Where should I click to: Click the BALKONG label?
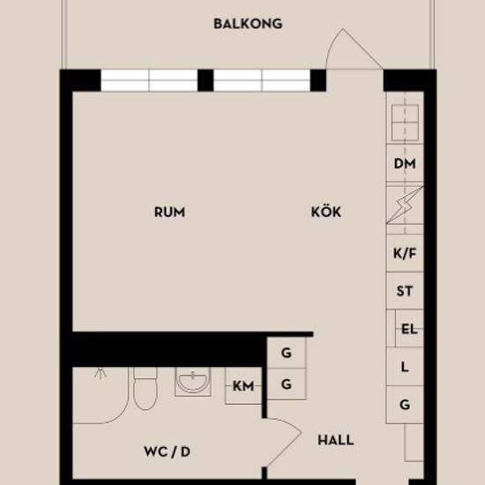pos(248,24)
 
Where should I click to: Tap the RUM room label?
pos(170,213)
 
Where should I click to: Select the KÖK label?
pos(326,212)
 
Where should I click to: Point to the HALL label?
pos(336,440)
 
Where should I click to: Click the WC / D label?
pos(167,451)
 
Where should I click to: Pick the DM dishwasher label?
pos(405,164)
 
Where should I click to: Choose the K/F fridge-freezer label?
pos(405,254)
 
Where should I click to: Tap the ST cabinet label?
pos(405,291)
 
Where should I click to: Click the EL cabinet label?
pos(409,329)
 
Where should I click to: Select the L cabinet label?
pos(405,367)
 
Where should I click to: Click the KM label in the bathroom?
pos(243,386)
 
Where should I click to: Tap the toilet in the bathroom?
pos(145,388)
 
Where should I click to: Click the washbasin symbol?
pos(193,382)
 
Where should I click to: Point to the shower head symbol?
pos(101,373)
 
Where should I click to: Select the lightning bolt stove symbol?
pos(405,205)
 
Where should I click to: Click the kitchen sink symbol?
pos(405,123)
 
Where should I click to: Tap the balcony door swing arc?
pos(332,43)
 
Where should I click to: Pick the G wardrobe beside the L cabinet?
pos(405,405)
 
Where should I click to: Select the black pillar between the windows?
pos(205,80)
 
